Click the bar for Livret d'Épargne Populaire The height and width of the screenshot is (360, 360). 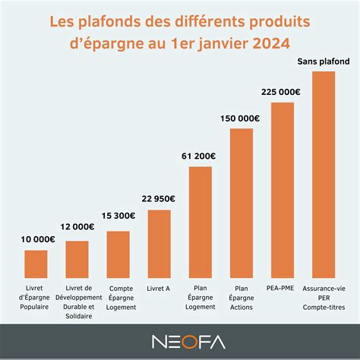click(36, 264)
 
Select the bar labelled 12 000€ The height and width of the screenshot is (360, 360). click(77, 259)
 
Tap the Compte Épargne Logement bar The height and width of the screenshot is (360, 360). click(118, 254)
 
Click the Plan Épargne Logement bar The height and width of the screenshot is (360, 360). click(201, 221)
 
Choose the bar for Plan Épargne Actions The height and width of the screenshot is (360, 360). click(242, 203)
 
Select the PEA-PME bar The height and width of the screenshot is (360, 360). click(283, 189)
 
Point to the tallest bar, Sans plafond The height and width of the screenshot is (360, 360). click(324, 174)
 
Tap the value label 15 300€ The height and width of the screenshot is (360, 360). click(118, 216)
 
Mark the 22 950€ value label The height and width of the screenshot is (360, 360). click(159, 198)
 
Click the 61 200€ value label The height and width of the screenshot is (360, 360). click(201, 156)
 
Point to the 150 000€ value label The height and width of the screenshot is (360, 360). click(242, 118)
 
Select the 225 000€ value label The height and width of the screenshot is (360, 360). click(283, 91)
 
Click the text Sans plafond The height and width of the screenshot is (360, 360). click(324, 62)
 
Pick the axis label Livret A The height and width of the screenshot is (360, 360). click(159, 289)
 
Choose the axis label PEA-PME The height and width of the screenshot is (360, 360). click(283, 289)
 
